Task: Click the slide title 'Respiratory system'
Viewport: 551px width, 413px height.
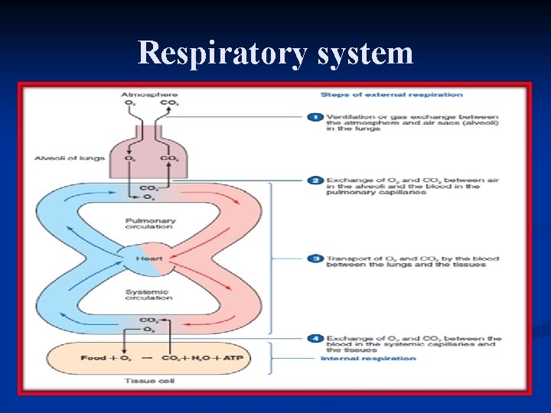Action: coord(275,53)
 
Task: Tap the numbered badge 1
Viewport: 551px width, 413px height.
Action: coord(315,117)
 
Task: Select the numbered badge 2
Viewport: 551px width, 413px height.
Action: coord(315,180)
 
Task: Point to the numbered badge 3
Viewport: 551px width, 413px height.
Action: coord(315,259)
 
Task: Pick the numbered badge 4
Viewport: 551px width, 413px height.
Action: coord(315,338)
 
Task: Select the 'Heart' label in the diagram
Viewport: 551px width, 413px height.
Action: coord(149,259)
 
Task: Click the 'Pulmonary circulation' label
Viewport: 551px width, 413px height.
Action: coord(150,223)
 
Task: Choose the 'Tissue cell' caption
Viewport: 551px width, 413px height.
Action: coord(149,380)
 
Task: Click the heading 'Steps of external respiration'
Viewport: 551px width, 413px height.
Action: coord(391,95)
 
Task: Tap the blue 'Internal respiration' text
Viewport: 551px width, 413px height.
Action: coord(368,358)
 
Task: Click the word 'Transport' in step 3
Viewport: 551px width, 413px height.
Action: coord(342,259)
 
